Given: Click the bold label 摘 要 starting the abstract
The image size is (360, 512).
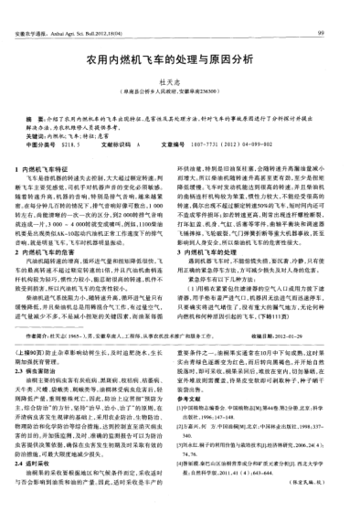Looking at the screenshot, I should coord(37,120).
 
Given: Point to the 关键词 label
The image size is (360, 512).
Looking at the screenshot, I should coord(37,134).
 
